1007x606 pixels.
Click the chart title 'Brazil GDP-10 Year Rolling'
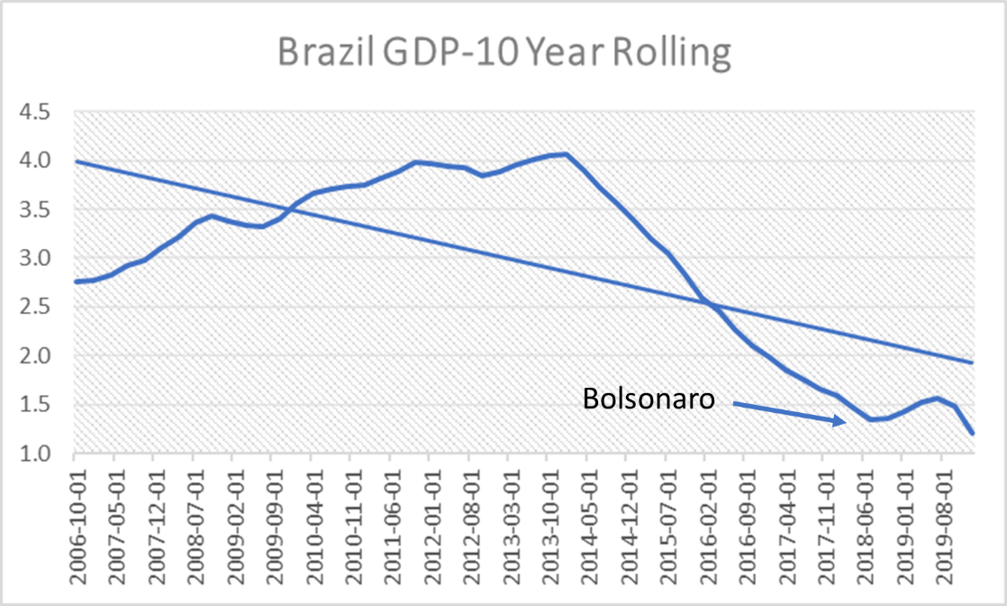[x=503, y=54]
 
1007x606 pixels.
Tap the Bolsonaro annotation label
[x=649, y=399]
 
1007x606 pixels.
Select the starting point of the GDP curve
[x=75, y=281]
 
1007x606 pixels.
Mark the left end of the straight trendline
[x=75, y=161]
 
